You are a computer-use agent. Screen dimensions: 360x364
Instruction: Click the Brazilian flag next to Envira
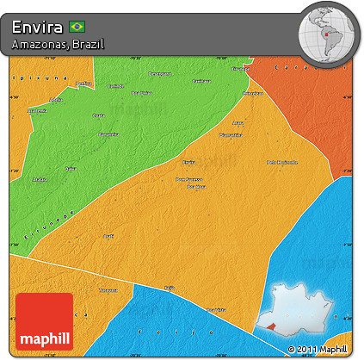click(x=78, y=28)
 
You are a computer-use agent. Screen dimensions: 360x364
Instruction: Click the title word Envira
click(x=39, y=28)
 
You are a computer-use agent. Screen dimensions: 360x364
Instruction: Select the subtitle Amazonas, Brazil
click(x=59, y=44)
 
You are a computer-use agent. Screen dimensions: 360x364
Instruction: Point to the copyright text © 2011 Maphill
click(x=318, y=349)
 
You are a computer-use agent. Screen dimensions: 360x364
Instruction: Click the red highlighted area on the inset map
click(x=274, y=326)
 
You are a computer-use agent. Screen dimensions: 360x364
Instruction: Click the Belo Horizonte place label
click(x=281, y=162)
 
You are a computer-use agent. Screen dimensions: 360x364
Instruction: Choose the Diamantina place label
click(x=231, y=135)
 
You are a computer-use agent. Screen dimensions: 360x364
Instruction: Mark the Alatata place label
click(x=40, y=180)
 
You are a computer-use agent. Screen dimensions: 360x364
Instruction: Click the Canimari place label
click(x=115, y=86)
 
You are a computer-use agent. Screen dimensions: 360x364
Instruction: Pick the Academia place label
click(x=37, y=111)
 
